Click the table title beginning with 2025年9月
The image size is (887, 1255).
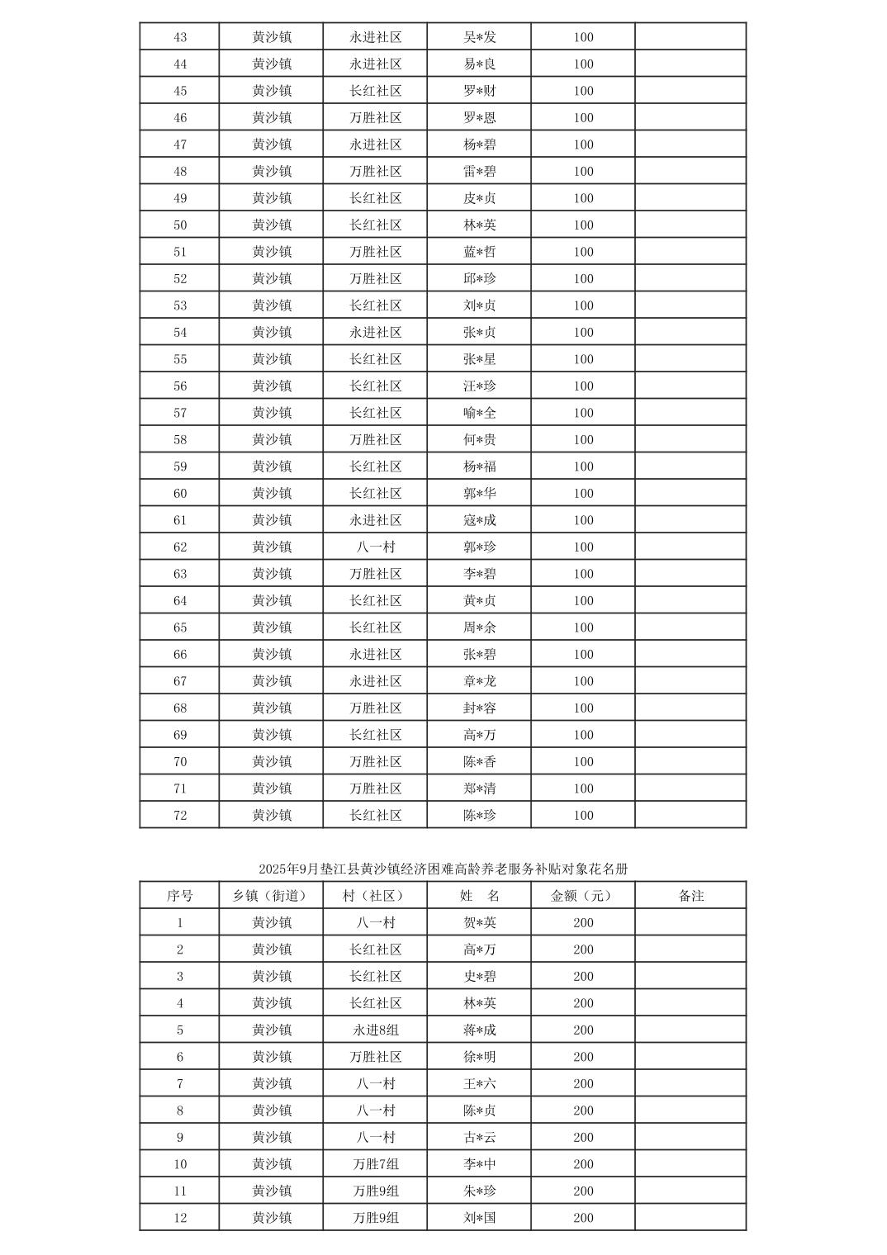point(443,869)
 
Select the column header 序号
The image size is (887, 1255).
point(179,896)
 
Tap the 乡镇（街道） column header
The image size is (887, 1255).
point(271,896)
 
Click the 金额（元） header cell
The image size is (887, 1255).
point(583,896)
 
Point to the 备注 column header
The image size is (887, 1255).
point(690,896)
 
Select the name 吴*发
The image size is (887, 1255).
point(480,37)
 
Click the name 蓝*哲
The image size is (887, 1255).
point(480,252)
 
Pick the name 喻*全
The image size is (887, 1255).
point(480,413)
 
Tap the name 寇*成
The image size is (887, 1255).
point(480,520)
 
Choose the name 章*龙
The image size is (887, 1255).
point(480,681)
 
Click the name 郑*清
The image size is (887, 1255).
point(480,789)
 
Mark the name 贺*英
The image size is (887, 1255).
point(480,923)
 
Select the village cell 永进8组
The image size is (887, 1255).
point(376,1030)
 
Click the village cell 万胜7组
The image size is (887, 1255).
point(376,1164)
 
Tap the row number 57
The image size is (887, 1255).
point(180,413)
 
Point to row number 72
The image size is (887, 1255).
point(180,816)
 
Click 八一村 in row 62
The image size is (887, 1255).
point(376,547)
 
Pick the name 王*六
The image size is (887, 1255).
point(480,1084)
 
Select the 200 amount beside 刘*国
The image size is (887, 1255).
point(583,1218)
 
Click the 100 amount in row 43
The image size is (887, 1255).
point(583,37)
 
